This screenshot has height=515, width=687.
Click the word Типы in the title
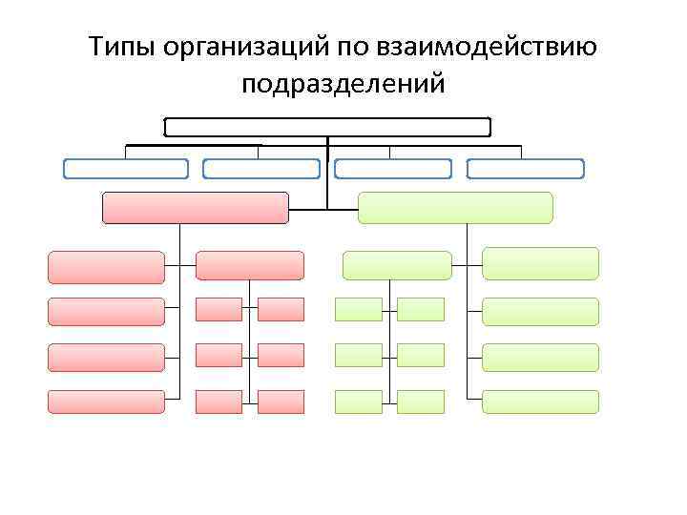point(122,47)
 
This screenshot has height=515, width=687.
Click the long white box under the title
point(327,127)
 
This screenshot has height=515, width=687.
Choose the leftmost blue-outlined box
point(126,169)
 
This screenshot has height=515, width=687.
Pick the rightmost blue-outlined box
point(526,169)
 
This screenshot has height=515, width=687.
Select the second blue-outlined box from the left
point(261,169)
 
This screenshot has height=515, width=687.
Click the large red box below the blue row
point(195,208)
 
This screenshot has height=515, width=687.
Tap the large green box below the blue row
point(455,208)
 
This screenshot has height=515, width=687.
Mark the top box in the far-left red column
point(106,267)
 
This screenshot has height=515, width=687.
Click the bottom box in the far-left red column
point(106,402)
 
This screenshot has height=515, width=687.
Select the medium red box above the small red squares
point(249,265)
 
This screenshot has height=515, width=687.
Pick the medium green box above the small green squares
point(397,265)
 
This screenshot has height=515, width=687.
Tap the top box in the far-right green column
point(540,263)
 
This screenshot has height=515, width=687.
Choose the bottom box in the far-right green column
point(540,402)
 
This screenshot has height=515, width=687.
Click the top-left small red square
point(219,309)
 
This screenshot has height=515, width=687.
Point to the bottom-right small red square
point(281,402)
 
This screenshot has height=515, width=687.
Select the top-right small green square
point(421,309)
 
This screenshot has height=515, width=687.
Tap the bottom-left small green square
point(359,402)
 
